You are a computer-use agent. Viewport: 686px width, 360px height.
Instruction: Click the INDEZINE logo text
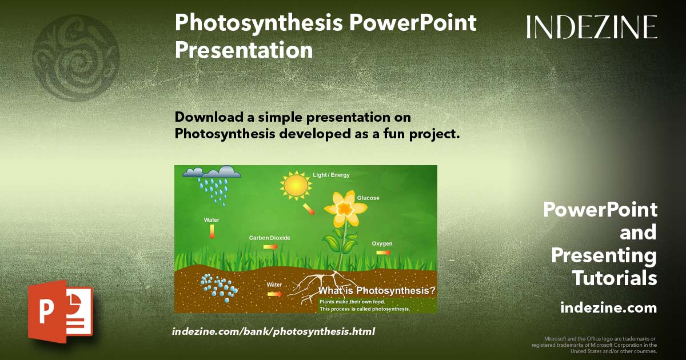pos(592,27)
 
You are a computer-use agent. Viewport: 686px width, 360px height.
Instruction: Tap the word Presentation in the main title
pos(244,50)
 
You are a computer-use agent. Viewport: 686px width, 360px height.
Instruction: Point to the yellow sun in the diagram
pos(296,185)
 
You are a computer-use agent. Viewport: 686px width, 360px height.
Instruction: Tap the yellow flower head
pos(344,209)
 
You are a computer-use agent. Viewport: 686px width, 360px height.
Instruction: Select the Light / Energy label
pos(331,175)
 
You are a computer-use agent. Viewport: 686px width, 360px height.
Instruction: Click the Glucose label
pos(368,198)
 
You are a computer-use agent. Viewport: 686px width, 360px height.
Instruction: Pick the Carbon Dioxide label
pos(269,238)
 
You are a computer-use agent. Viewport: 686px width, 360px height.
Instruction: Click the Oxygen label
pos(382,244)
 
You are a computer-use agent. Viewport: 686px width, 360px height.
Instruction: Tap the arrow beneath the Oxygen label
pos(384,252)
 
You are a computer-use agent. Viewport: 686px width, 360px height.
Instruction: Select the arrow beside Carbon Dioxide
pos(270,246)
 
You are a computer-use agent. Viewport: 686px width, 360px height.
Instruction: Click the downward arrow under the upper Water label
pos(212,231)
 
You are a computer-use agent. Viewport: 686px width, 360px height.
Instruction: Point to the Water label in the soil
pos(274,284)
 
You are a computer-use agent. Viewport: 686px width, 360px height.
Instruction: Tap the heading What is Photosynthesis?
pos(377,291)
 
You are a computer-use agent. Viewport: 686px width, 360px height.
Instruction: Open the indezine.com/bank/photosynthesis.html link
pos(273,331)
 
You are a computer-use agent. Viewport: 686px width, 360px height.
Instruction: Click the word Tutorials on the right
pos(615,278)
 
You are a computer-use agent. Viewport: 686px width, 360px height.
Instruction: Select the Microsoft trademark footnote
pos(594,345)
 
